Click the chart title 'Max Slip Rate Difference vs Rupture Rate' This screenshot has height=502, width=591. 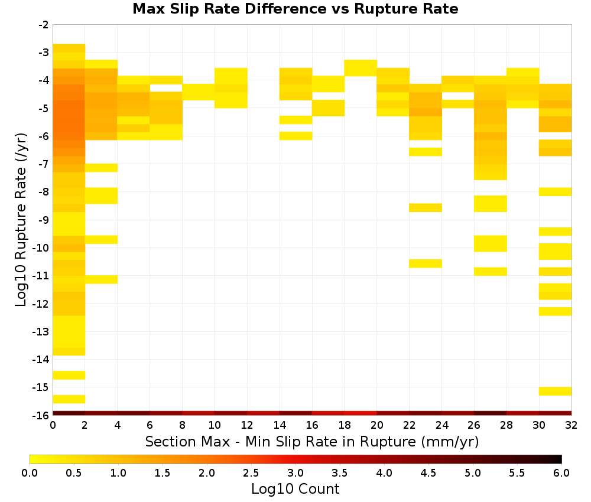tap(295, 9)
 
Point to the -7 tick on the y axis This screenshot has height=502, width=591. tap(44, 164)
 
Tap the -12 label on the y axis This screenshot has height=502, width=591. tap(42, 304)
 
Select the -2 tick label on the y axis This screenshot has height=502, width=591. tap(44, 25)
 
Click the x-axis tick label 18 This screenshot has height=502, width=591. tap(344, 425)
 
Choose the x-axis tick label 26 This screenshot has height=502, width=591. tap(474, 425)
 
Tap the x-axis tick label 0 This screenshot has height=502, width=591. tap(53, 425)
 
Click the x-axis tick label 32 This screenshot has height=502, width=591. tap(571, 425)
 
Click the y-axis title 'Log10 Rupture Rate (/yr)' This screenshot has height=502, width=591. tap(21, 220)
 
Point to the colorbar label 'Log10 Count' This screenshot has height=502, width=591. tap(295, 489)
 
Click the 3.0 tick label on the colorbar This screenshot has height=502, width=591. tap(295, 473)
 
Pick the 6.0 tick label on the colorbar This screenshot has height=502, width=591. tap(561, 473)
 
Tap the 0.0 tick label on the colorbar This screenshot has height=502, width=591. tap(30, 473)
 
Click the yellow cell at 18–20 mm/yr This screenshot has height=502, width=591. tap(361, 68)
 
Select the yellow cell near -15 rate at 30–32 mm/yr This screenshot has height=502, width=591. tap(555, 391)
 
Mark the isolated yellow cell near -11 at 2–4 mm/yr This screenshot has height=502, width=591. tap(102, 279)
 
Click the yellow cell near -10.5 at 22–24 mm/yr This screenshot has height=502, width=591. tap(426, 263)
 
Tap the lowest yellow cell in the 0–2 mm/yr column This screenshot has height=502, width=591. tap(69, 399)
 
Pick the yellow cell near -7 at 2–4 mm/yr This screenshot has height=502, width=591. tap(102, 168)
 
